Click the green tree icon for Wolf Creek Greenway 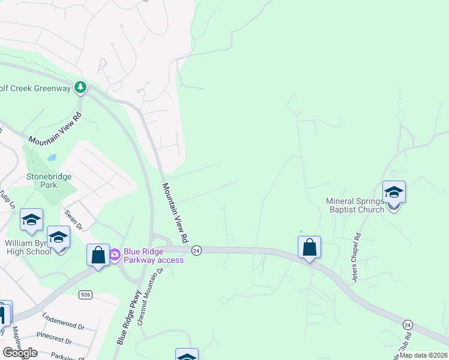[x=80, y=88]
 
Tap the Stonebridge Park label [x=49, y=181]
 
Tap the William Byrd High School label [x=28, y=247]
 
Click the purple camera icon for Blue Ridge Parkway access [x=115, y=255]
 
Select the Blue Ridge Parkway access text [x=154, y=256]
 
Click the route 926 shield [x=85, y=294]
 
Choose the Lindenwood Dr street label [x=64, y=320]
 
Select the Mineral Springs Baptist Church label [x=355, y=205]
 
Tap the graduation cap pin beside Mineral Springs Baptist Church [x=394, y=193]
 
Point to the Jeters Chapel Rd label [x=357, y=258]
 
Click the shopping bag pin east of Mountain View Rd [x=309, y=247]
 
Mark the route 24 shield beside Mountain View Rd [x=196, y=250]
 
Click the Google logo [x=20, y=353]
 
